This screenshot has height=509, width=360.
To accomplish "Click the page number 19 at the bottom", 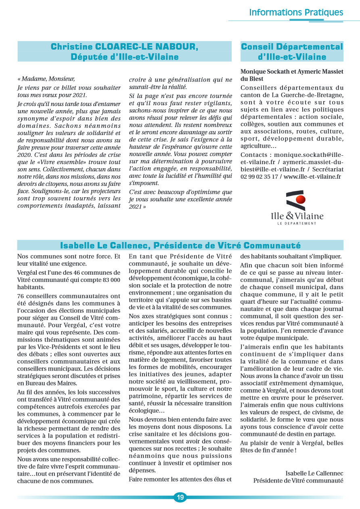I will coord(180,497).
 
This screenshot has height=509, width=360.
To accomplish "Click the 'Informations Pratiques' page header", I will coord(296,12).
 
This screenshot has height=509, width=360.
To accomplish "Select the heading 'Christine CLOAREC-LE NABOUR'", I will coord(124,47).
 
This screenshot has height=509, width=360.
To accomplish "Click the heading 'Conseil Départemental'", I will coord(292,47).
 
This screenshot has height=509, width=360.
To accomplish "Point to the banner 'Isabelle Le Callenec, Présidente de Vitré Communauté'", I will coord(180,245).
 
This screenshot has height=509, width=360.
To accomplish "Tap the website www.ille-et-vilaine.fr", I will coord(312,177).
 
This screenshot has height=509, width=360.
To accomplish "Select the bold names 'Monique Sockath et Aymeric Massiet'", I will coord(292,71).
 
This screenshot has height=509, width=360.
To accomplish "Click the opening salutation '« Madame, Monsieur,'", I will coord(46,79).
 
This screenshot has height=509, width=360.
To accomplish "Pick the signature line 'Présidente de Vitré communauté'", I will coord(298,480).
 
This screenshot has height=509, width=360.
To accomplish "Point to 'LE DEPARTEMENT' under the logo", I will coord(297,223).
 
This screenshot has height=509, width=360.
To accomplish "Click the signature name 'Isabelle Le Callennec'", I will coord(314,473).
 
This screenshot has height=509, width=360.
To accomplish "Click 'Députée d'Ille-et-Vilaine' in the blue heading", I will coord(124,57).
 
